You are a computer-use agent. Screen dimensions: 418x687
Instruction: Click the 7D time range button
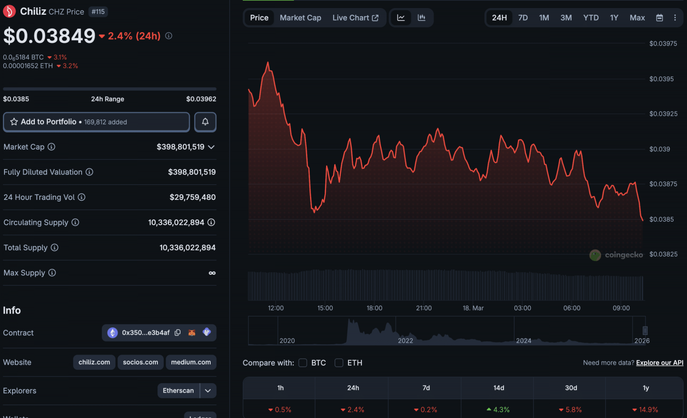[x=523, y=18]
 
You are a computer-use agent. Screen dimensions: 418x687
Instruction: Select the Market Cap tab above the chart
[x=300, y=18]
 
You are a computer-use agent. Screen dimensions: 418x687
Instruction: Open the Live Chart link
[x=355, y=18]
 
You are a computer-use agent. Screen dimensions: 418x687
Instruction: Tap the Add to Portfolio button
[x=96, y=122]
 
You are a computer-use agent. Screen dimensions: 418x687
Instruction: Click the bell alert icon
[x=205, y=122]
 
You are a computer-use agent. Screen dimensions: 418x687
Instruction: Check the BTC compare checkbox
[x=303, y=363]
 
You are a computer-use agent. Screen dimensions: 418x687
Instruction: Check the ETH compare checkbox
[x=339, y=363]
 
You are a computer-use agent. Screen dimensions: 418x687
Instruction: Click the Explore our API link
[x=659, y=363]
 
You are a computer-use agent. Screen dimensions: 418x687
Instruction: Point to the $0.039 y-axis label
[x=659, y=149]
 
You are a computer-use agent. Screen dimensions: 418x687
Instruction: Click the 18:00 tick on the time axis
[x=374, y=308]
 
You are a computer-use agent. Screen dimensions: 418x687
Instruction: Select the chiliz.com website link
[x=94, y=362]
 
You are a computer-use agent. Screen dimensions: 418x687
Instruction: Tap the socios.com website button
[x=140, y=362]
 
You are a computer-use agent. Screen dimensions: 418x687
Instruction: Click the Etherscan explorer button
[x=178, y=391]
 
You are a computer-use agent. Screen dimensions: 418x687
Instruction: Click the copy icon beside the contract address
[x=178, y=333]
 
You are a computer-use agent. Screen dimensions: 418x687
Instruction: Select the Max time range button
[x=637, y=18]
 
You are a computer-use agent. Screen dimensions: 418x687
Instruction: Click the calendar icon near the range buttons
[x=659, y=18]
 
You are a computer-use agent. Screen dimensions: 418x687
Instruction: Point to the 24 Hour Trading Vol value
[x=192, y=197]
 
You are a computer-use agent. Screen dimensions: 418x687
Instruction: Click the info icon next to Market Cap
[x=51, y=147]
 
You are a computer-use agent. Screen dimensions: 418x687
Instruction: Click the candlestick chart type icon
[x=421, y=18]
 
